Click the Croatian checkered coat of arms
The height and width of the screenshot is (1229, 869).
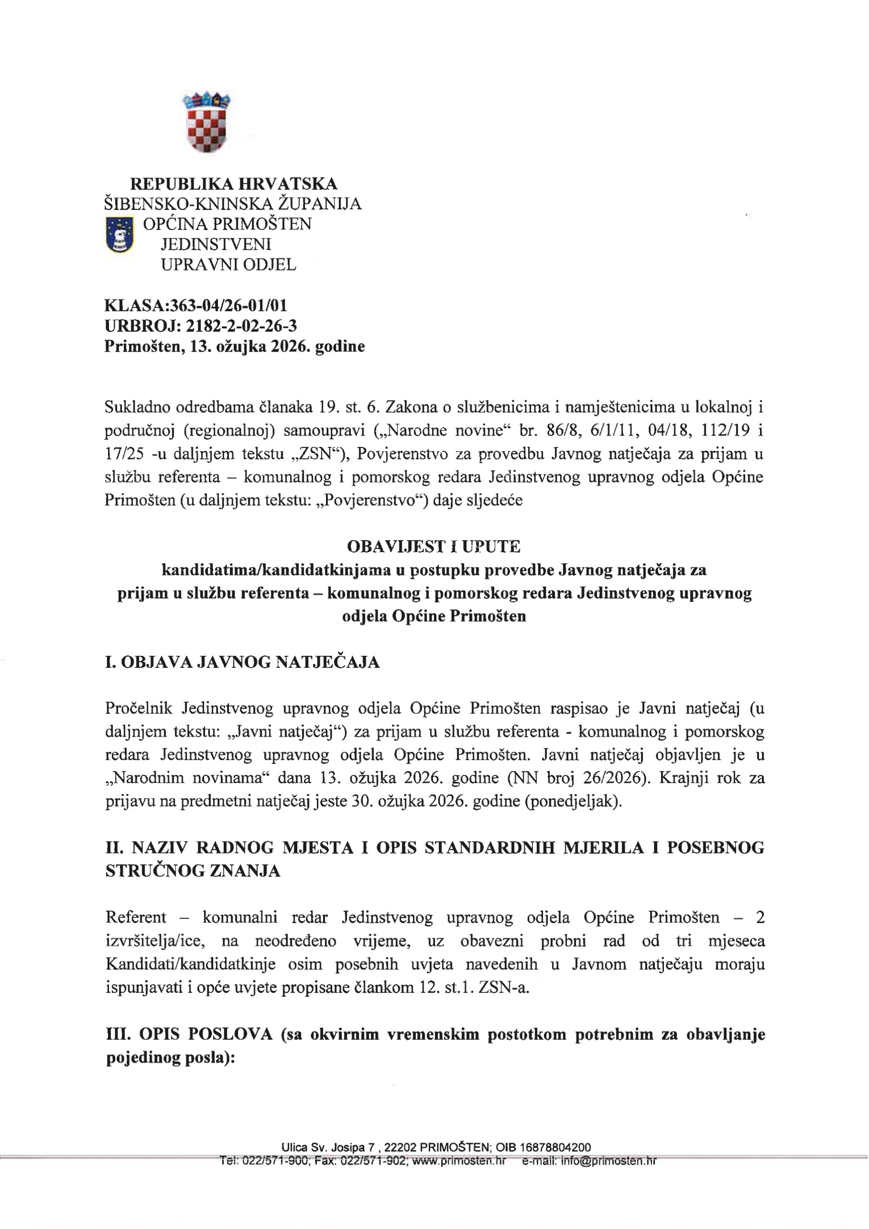206,122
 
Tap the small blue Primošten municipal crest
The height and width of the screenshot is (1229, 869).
120,234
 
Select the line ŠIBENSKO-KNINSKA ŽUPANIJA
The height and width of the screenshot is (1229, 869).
233,204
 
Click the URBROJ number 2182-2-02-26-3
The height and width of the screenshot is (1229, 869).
241,325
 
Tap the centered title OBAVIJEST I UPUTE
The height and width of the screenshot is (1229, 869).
434,546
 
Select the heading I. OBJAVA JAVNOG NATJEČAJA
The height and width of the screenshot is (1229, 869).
242,663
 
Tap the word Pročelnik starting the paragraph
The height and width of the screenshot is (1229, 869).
139,708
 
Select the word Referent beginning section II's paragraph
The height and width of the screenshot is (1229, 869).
136,917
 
